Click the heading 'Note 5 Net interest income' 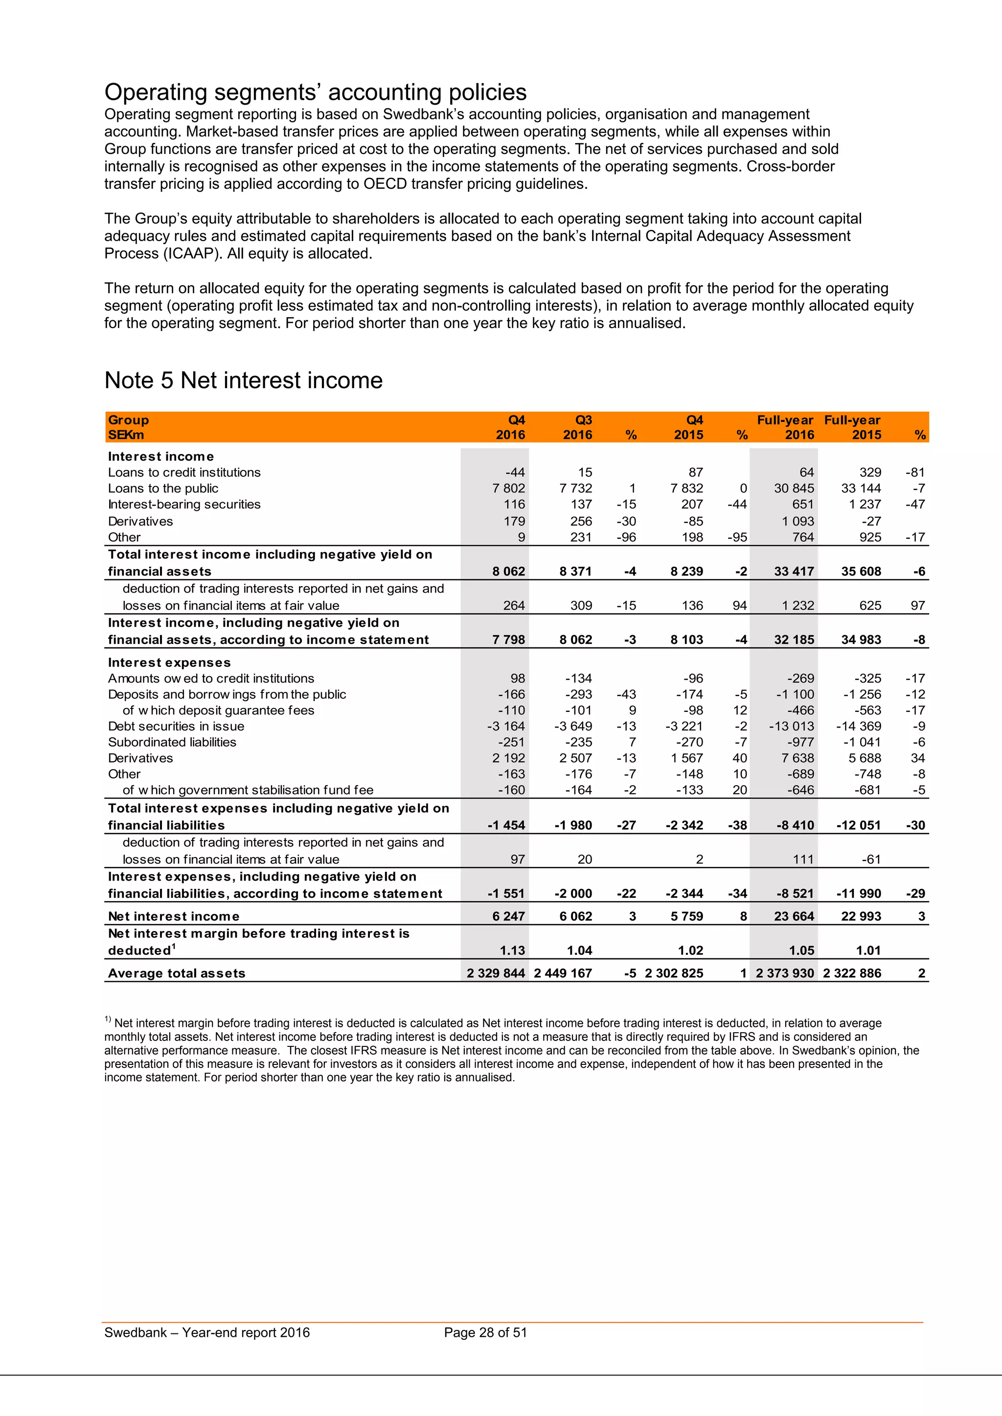243,380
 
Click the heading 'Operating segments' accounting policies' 315,92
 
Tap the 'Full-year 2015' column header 853,427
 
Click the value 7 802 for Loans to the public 508,488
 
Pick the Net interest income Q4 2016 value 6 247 508,916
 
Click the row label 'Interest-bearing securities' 184,505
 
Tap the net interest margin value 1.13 513,951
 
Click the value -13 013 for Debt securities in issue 792,726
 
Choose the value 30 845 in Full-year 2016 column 794,488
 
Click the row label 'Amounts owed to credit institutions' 211,678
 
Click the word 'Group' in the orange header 128,420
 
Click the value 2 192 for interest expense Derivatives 508,758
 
